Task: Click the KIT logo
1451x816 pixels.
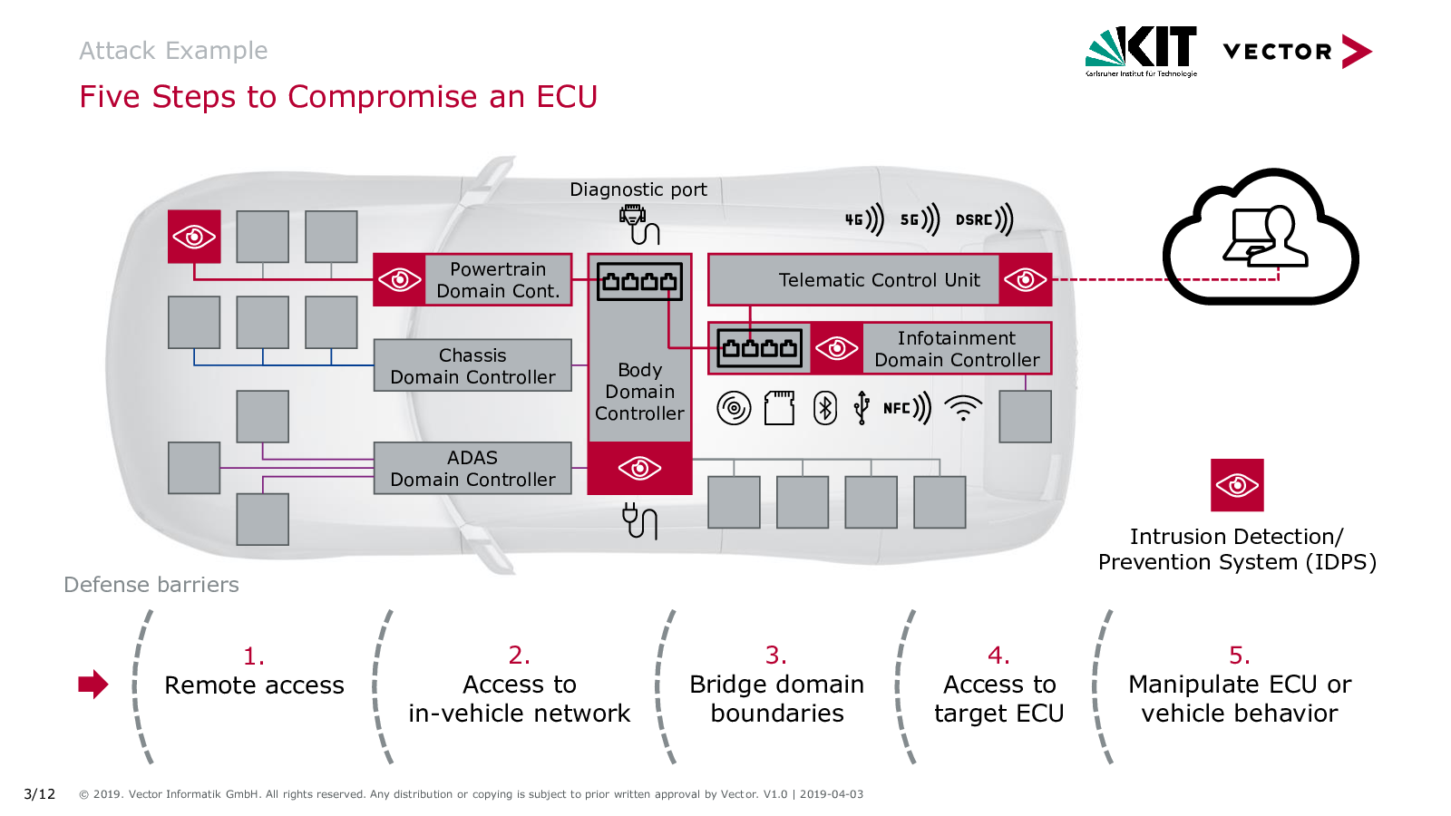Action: point(1141,50)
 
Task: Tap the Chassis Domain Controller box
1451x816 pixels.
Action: point(472,366)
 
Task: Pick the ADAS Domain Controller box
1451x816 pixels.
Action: point(472,469)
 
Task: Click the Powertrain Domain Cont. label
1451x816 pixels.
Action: point(498,280)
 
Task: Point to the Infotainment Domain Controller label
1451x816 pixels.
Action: point(957,349)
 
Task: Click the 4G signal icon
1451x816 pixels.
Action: point(864,219)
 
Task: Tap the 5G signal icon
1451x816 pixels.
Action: point(920,219)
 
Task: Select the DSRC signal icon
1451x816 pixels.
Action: point(984,219)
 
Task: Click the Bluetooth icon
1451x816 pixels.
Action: point(824,408)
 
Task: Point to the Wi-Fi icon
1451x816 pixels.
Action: point(963,408)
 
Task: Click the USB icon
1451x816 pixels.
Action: point(862,408)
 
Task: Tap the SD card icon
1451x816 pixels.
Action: point(779,408)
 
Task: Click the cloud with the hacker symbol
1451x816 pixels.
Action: point(1261,238)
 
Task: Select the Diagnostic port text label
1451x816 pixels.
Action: point(638,189)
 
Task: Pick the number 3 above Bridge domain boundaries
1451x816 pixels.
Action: point(775,655)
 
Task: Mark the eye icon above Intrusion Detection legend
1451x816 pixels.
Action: point(1237,485)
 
